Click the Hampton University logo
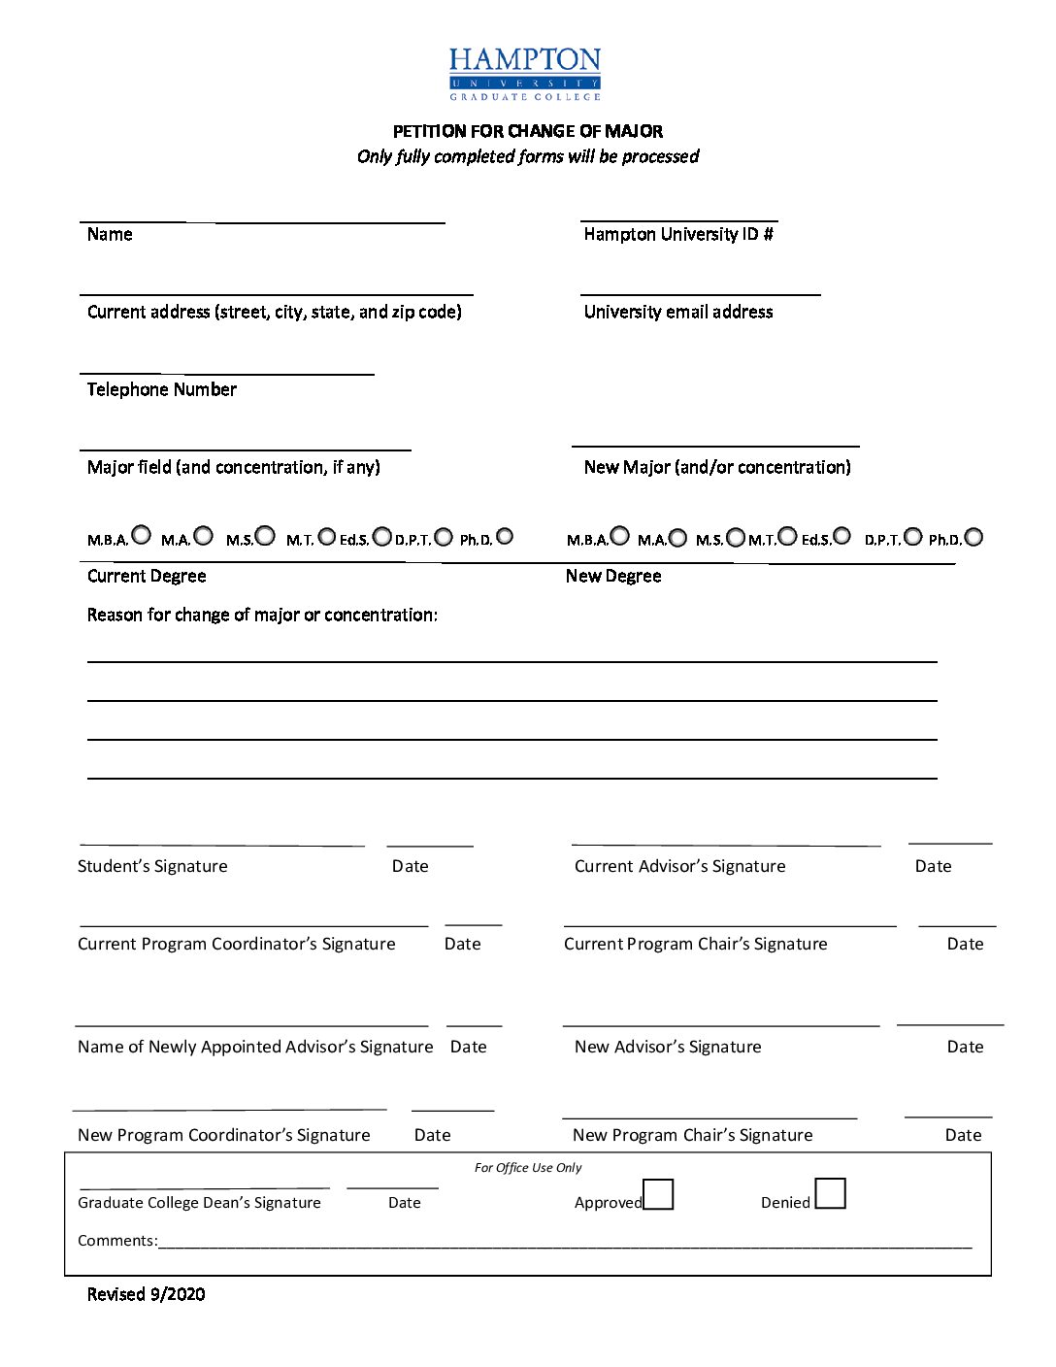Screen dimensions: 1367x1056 [525, 74]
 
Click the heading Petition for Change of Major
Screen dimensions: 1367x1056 [528, 131]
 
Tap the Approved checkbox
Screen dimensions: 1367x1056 [658, 1194]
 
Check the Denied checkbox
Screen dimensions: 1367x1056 [830, 1193]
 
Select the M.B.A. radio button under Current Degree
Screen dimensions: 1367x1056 [142, 535]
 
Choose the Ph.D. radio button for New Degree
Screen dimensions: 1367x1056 [973, 537]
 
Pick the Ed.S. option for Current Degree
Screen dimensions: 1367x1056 [382, 537]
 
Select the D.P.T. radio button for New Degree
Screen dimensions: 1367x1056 [913, 537]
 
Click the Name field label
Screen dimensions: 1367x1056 [110, 234]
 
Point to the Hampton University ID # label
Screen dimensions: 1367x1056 [678, 234]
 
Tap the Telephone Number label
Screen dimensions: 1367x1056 [162, 389]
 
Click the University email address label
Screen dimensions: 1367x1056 [678, 312]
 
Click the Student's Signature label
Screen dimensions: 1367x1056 [152, 866]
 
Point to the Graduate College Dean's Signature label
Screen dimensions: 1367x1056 [199, 1203]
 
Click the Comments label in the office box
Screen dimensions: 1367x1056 [117, 1241]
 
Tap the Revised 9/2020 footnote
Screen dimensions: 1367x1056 [147, 1294]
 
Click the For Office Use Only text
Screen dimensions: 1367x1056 [528, 1168]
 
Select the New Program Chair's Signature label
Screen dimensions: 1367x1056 [693, 1135]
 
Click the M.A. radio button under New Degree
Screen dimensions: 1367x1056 [677, 538]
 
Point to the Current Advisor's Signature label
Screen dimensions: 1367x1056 [680, 866]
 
